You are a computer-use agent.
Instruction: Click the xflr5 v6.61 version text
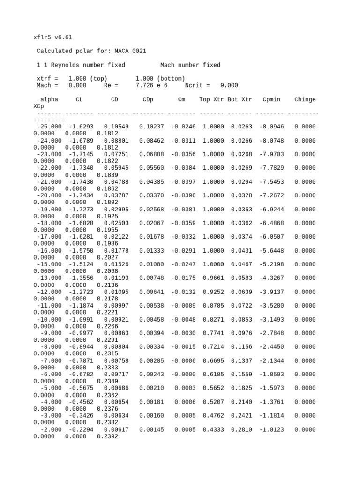click(53, 37)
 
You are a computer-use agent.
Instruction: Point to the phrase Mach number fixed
click(190, 65)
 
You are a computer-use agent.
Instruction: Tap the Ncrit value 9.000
click(229, 85)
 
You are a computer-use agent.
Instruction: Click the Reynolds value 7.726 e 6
click(151, 85)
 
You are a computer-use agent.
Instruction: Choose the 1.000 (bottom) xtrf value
click(160, 78)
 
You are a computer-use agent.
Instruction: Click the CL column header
click(79, 99)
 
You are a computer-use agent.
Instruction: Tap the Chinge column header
click(305, 99)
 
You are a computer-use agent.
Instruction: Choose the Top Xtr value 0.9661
click(213, 278)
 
